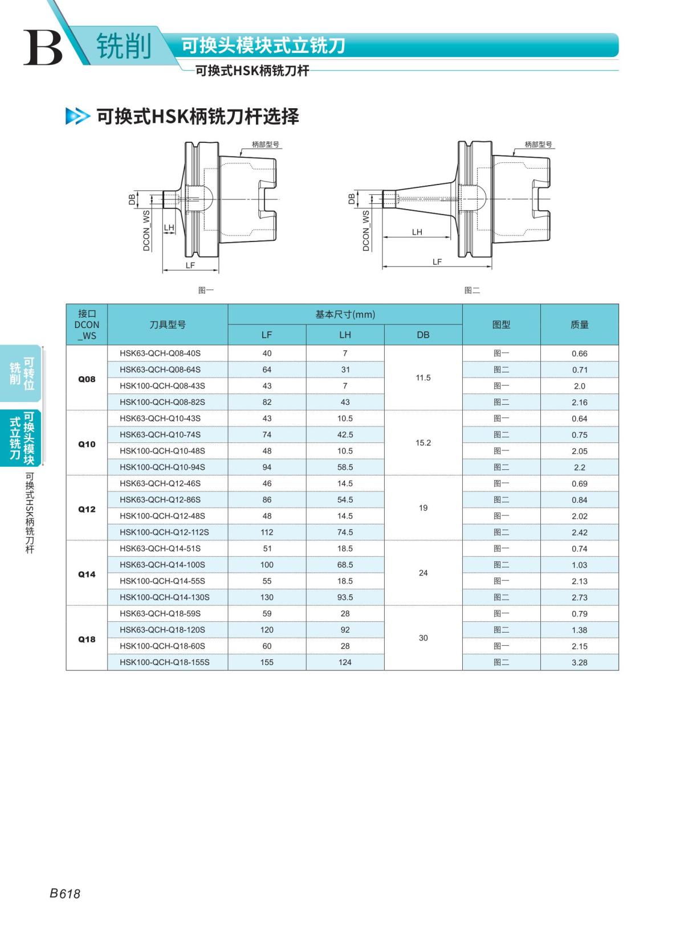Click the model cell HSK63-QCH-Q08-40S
pos(160,354)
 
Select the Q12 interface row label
pos(87,509)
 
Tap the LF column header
pos(266,335)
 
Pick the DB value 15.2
pos(423,443)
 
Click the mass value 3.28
pos(579,663)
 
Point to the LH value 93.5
pos(345,597)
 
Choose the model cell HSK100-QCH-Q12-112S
pos(164,532)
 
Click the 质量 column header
pos(579,325)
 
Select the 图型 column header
pos(501,325)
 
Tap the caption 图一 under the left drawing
pos(206,290)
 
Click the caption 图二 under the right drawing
pos(472,290)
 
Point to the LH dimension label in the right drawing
pos(417,232)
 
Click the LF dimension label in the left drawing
pos(190,265)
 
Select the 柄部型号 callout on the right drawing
pos(538,145)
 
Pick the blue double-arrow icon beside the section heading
pos(78,116)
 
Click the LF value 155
pos(266,663)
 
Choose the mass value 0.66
pos(579,354)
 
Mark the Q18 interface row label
pos(87,639)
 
